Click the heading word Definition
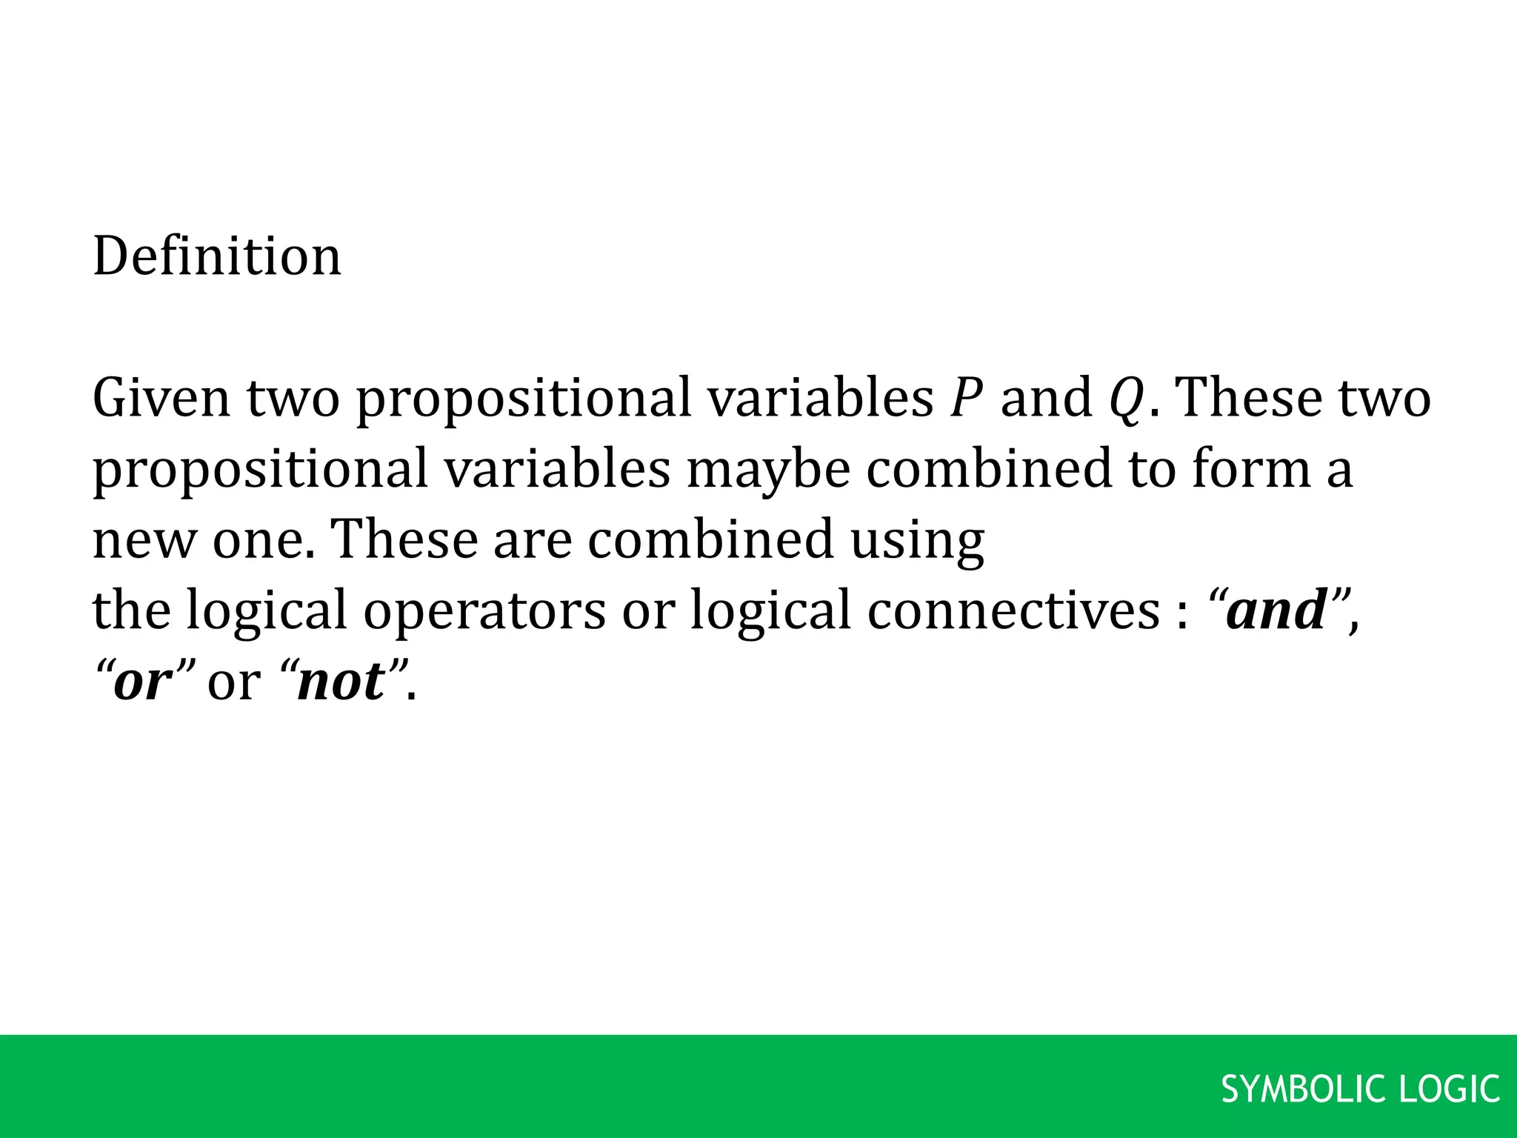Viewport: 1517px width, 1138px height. [x=217, y=256]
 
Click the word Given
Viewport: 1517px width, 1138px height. [x=161, y=398]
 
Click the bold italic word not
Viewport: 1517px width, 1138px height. [x=341, y=681]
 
